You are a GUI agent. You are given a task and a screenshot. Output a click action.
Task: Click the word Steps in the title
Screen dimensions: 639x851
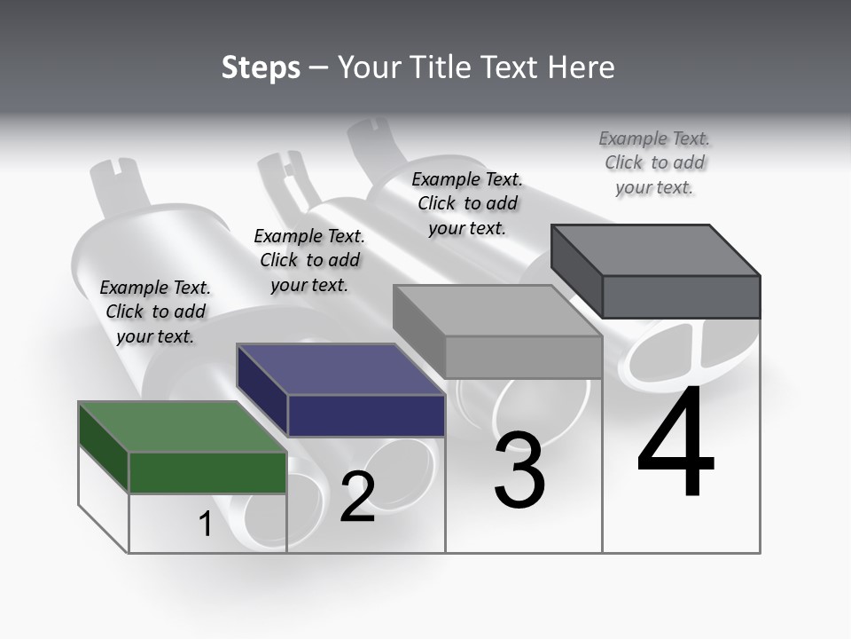(261, 67)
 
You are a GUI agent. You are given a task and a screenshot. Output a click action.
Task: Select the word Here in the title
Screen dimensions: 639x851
(581, 67)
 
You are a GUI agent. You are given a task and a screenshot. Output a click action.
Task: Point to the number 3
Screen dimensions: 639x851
(519, 470)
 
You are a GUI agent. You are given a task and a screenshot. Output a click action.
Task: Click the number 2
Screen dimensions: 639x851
(357, 497)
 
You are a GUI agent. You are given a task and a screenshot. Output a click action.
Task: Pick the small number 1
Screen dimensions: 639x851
(206, 525)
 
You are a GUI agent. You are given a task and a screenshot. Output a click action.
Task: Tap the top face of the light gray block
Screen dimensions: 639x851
(496, 311)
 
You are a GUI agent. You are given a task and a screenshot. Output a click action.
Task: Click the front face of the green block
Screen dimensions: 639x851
(207, 472)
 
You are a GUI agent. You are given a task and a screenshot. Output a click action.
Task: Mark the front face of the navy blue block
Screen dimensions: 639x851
(366, 415)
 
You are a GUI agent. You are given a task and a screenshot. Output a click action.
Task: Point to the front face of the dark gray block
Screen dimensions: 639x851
(681, 296)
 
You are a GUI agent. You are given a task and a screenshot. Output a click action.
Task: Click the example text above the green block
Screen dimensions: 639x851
(155, 312)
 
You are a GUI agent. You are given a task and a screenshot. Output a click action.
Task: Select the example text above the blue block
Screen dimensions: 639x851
(309, 260)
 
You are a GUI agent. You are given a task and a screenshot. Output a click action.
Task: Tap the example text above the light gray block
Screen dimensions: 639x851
(467, 203)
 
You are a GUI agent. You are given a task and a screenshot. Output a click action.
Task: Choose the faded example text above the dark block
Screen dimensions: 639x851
(654, 162)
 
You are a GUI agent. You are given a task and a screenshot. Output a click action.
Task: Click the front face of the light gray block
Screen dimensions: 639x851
(523, 357)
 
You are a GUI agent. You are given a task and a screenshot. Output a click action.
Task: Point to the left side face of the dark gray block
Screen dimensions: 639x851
(576, 271)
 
